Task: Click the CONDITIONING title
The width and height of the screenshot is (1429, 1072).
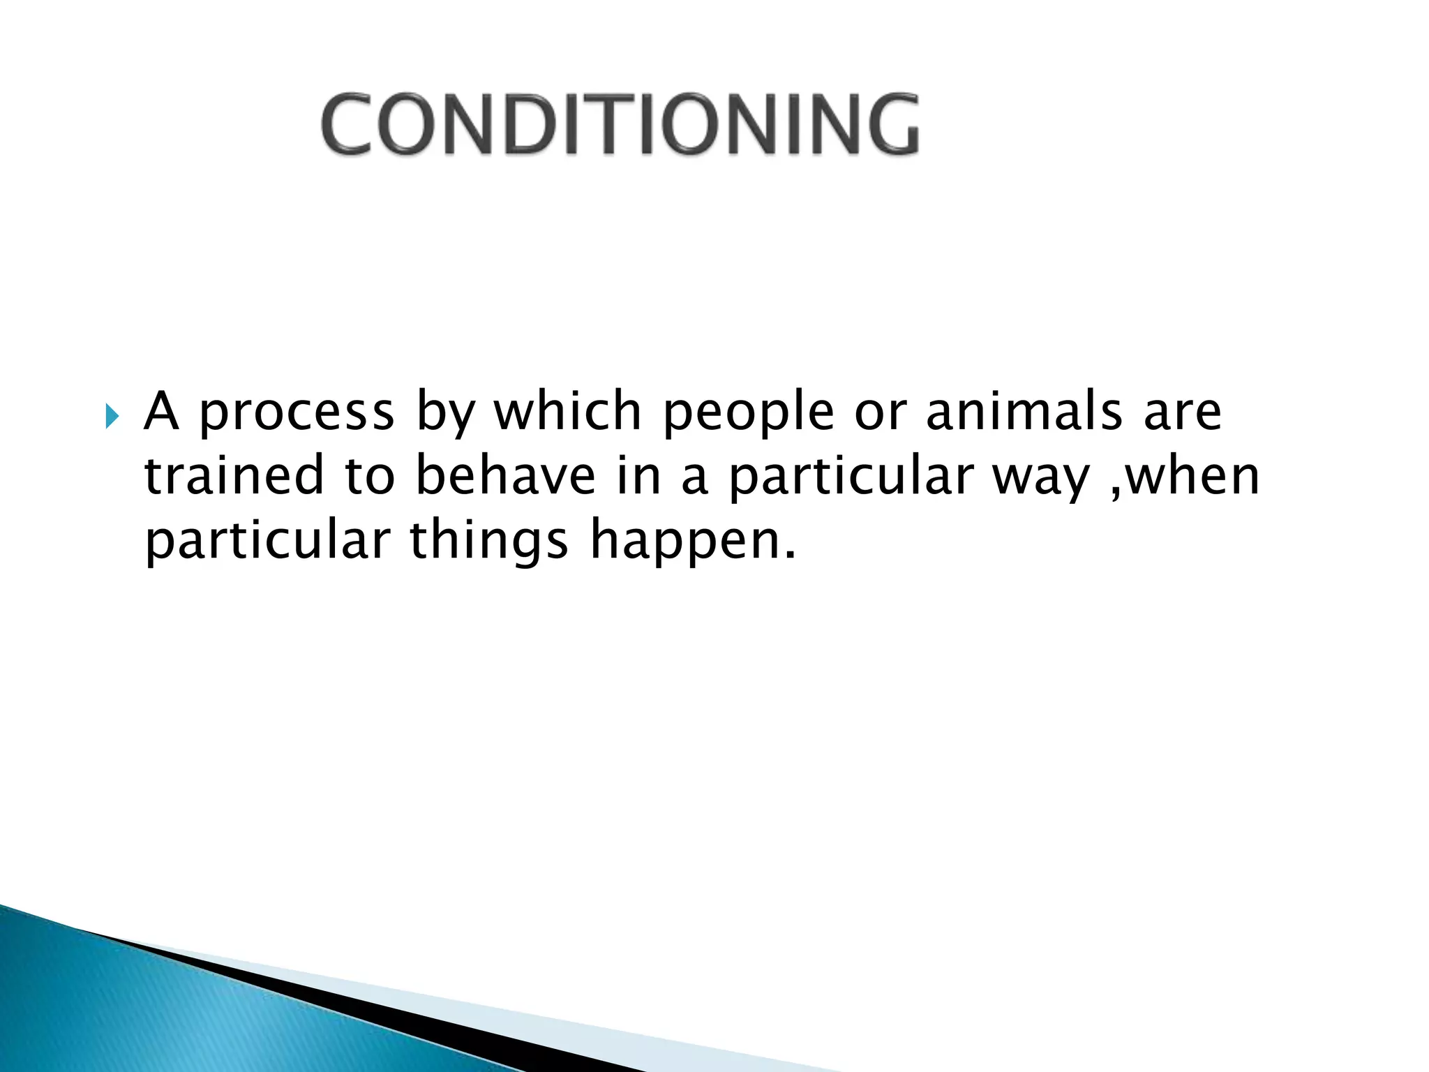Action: tap(620, 124)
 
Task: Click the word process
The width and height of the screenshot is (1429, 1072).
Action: tap(297, 413)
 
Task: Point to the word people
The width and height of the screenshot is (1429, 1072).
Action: tap(747, 413)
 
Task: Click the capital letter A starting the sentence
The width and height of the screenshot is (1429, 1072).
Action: tap(161, 412)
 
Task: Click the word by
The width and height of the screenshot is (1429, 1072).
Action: tap(445, 413)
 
